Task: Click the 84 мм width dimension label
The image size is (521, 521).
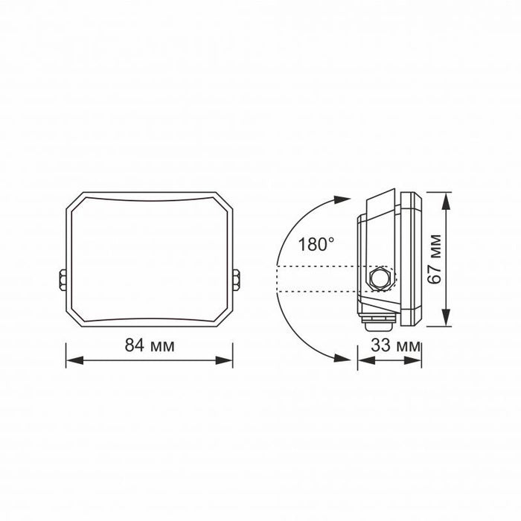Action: tap(148, 345)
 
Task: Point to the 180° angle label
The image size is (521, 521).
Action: tap(316, 243)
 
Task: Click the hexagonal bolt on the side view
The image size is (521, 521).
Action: tap(380, 279)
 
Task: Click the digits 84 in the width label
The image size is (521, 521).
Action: tap(133, 345)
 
